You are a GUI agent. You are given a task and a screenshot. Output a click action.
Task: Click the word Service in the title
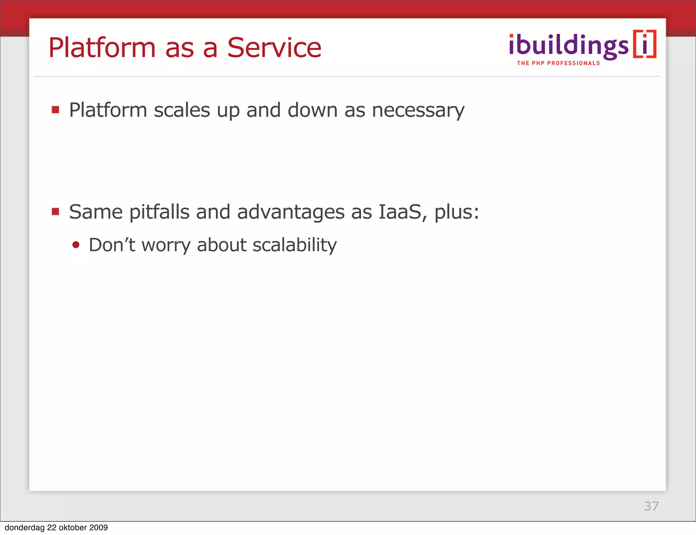(274, 48)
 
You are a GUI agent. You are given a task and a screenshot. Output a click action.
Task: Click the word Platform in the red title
(102, 48)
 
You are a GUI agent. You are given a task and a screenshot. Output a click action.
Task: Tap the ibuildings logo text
(569, 46)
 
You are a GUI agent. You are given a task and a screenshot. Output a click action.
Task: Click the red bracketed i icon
(645, 44)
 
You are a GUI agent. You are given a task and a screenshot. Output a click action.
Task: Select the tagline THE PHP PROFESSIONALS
(558, 63)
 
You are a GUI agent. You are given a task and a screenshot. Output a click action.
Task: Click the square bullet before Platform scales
(55, 110)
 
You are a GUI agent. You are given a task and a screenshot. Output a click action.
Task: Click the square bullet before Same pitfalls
(55, 212)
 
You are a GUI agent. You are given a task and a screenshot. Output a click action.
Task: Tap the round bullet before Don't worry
(76, 245)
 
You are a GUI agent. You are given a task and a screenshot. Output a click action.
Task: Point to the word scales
(182, 110)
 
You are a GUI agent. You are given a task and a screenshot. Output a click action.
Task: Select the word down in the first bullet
(312, 110)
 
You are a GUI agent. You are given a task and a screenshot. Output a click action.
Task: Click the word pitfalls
(159, 212)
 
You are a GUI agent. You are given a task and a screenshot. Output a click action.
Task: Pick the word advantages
(291, 213)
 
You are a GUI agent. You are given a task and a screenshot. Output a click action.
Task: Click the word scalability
(294, 245)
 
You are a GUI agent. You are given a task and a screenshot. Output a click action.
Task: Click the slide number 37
(651, 506)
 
